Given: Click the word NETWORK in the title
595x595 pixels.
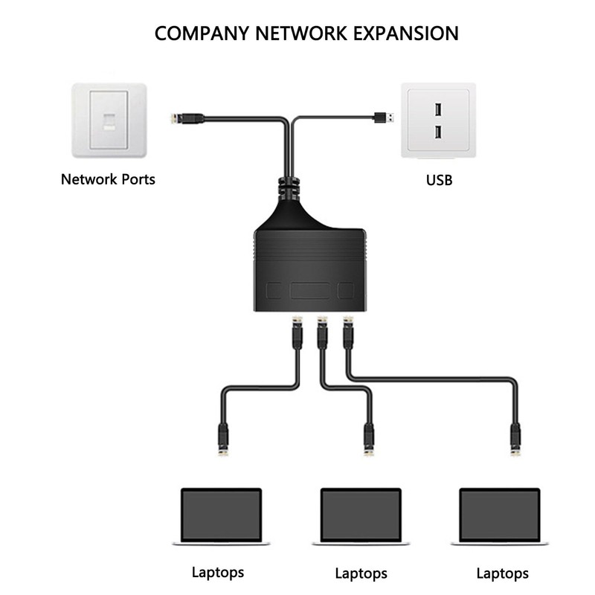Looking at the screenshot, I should click(297, 33).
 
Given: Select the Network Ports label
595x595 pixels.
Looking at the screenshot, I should click(108, 179).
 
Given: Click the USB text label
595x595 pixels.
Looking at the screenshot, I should click(439, 179).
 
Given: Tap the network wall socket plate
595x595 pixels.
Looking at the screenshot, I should click(109, 120).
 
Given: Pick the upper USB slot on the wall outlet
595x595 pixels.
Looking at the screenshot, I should click(439, 110).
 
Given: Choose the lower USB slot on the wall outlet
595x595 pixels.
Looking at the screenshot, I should click(439, 132).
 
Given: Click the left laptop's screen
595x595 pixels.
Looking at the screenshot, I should click(222, 513).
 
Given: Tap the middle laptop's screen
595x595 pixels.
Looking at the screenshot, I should click(361, 513).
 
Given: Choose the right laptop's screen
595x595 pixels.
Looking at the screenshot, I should click(500, 513).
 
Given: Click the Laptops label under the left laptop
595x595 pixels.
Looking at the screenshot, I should click(218, 572).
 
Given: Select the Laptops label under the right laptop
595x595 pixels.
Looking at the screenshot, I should click(502, 573).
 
